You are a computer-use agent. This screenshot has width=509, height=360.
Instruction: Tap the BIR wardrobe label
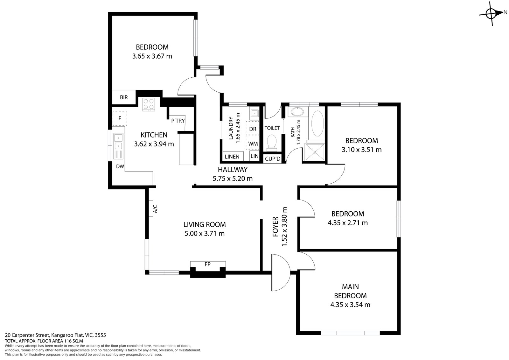(x=124, y=97)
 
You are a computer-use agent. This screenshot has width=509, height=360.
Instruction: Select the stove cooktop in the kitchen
(x=149, y=104)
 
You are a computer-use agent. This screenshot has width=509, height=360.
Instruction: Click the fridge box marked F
(x=120, y=118)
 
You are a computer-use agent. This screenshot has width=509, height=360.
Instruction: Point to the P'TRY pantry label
(x=178, y=121)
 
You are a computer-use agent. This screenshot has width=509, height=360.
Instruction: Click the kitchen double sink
(x=118, y=142)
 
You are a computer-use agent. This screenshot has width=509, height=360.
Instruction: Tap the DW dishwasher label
(x=120, y=166)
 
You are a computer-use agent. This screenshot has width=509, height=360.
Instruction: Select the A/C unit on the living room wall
(x=155, y=208)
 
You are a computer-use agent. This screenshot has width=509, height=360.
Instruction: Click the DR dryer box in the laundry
(x=253, y=129)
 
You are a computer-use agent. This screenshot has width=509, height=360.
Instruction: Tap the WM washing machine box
(x=253, y=144)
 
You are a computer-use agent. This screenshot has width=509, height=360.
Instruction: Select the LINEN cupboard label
(x=232, y=157)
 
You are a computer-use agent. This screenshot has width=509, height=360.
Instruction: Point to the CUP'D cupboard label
(x=273, y=159)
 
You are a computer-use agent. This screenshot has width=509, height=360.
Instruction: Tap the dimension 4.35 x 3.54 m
(x=350, y=305)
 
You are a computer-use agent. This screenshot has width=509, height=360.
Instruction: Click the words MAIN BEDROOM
(x=350, y=291)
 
